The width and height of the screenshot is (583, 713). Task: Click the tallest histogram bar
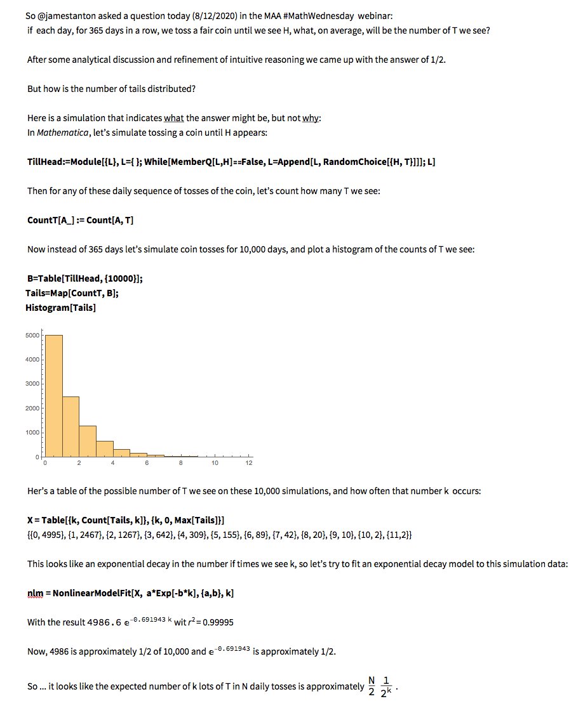53,396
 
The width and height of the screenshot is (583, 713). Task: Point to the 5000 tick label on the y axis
32,335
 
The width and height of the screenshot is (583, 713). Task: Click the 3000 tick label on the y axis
32,384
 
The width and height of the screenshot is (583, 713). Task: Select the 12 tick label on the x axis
249,463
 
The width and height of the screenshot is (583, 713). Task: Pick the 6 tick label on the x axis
147,463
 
